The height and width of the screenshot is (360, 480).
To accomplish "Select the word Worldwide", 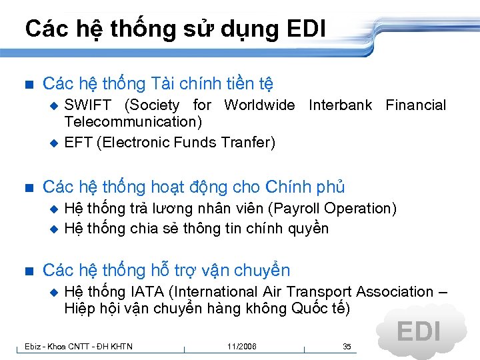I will tap(259, 105).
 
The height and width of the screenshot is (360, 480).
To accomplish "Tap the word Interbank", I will tap(340, 105).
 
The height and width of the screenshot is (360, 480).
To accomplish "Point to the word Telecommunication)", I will tap(133, 122).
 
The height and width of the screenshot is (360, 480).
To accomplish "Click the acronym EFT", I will tap(78, 143).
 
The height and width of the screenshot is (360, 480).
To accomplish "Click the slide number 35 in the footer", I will tap(347, 347).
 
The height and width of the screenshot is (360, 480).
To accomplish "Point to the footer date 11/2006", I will tap(241, 347).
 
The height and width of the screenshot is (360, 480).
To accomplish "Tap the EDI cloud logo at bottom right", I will tap(418, 331).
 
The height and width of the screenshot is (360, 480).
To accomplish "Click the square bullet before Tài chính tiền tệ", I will tap(27, 84).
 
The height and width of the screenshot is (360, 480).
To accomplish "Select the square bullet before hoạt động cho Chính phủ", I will tap(27, 187).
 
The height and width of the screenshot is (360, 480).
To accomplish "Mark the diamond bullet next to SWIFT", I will tap(55, 105).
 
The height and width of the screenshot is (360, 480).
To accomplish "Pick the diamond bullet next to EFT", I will tap(55, 143).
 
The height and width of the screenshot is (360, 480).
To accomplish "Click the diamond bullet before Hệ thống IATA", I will tap(55, 292).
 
